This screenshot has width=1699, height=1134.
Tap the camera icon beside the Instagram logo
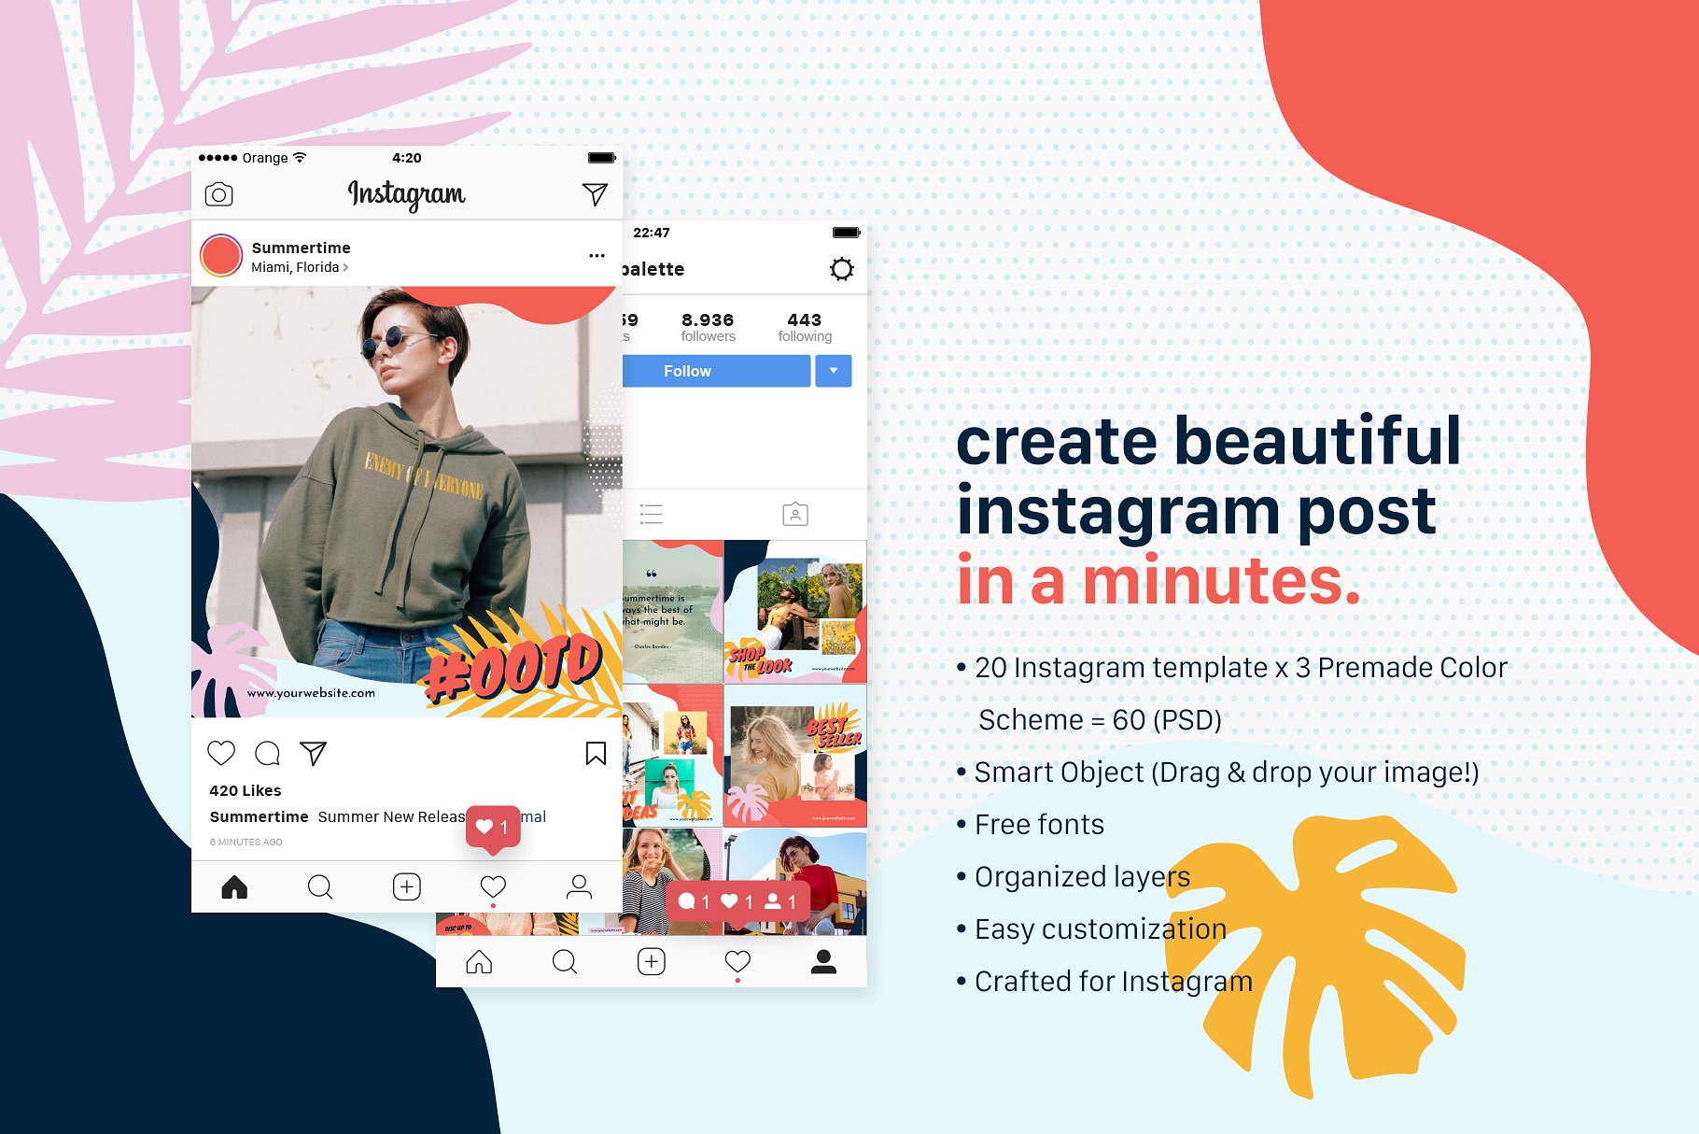pos(218,194)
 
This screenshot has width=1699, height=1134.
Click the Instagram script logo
pos(406,194)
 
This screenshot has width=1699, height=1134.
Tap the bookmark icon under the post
pos(596,753)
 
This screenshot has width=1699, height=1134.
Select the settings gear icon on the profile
pos(841,269)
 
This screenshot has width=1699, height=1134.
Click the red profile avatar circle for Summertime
pos(221,256)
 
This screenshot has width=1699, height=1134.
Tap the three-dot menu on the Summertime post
pos(597,255)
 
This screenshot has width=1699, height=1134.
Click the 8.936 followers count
pos(708,326)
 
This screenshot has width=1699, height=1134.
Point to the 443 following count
pos(805,326)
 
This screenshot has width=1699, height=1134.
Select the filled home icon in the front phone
pos(234,886)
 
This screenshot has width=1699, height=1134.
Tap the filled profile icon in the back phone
pos(823,961)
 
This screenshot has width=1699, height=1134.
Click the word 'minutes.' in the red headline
pos(1221,580)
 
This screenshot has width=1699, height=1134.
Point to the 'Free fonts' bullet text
pos(1039,825)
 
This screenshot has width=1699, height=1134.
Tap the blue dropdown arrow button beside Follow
pos(834,371)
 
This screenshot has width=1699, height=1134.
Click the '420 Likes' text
pos(246,790)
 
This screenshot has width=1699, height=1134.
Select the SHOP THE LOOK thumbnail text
pos(760,660)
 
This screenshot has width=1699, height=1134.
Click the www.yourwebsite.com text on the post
pos(311,693)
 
